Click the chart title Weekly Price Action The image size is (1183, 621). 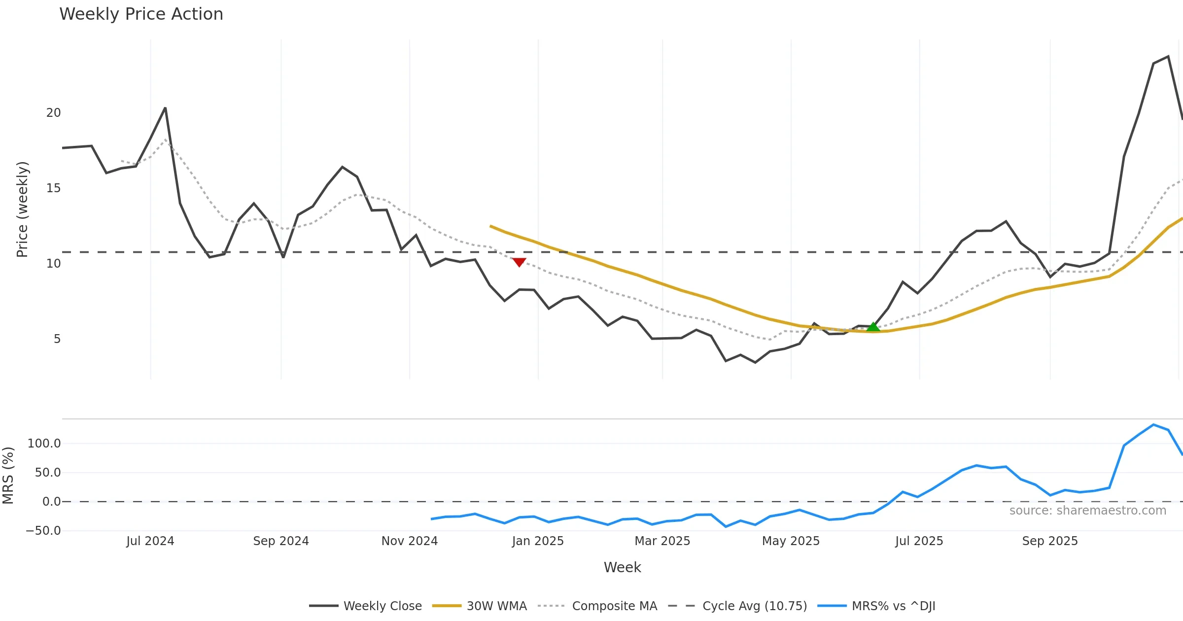tap(141, 14)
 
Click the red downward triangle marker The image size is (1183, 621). tap(519, 262)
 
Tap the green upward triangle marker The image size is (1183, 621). tap(873, 327)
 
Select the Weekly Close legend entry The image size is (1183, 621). tap(365, 606)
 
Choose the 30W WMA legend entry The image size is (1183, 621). tap(479, 606)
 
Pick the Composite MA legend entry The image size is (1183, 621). tap(597, 606)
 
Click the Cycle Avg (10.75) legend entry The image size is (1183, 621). tap(737, 606)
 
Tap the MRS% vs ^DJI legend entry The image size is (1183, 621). tap(876, 606)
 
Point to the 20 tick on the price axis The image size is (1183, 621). tap(53, 113)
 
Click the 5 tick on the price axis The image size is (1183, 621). tap(57, 339)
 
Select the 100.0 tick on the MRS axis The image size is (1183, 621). tap(44, 444)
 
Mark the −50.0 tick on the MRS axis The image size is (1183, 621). tap(43, 531)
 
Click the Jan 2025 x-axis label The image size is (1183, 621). tap(538, 541)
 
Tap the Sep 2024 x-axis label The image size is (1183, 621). tap(281, 541)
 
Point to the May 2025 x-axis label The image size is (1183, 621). tap(791, 541)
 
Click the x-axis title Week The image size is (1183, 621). tap(622, 567)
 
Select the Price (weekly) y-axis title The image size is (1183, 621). tap(22, 209)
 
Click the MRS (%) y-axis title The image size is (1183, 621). tap(8, 475)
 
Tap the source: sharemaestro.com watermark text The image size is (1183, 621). tap(1087, 511)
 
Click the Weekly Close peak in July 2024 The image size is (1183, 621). tap(165, 108)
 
